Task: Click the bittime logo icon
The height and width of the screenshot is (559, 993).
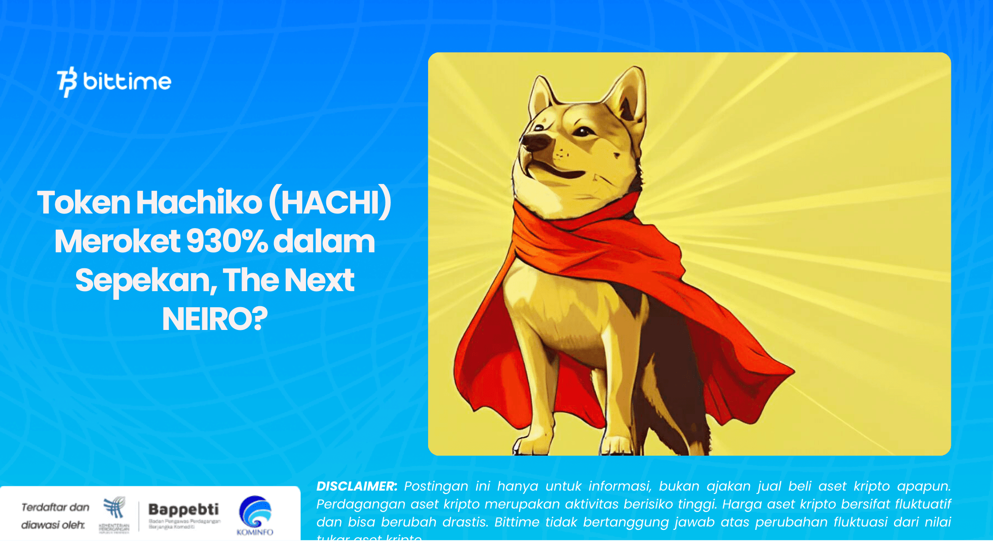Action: tap(67, 82)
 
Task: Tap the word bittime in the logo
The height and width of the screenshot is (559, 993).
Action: tap(127, 81)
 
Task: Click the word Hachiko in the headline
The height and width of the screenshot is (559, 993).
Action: tap(199, 202)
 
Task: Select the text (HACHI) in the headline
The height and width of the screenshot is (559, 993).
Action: tap(330, 202)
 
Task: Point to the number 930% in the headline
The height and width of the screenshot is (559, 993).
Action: tap(226, 241)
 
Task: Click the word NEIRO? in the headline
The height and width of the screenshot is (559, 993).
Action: tap(215, 319)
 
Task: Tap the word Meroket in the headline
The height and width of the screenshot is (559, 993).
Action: tap(117, 241)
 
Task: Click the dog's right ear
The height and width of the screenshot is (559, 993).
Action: tap(628, 95)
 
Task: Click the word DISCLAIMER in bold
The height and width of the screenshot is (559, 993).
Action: tap(356, 486)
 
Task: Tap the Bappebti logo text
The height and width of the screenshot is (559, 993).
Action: tap(183, 510)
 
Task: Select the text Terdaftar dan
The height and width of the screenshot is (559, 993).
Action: tap(55, 508)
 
